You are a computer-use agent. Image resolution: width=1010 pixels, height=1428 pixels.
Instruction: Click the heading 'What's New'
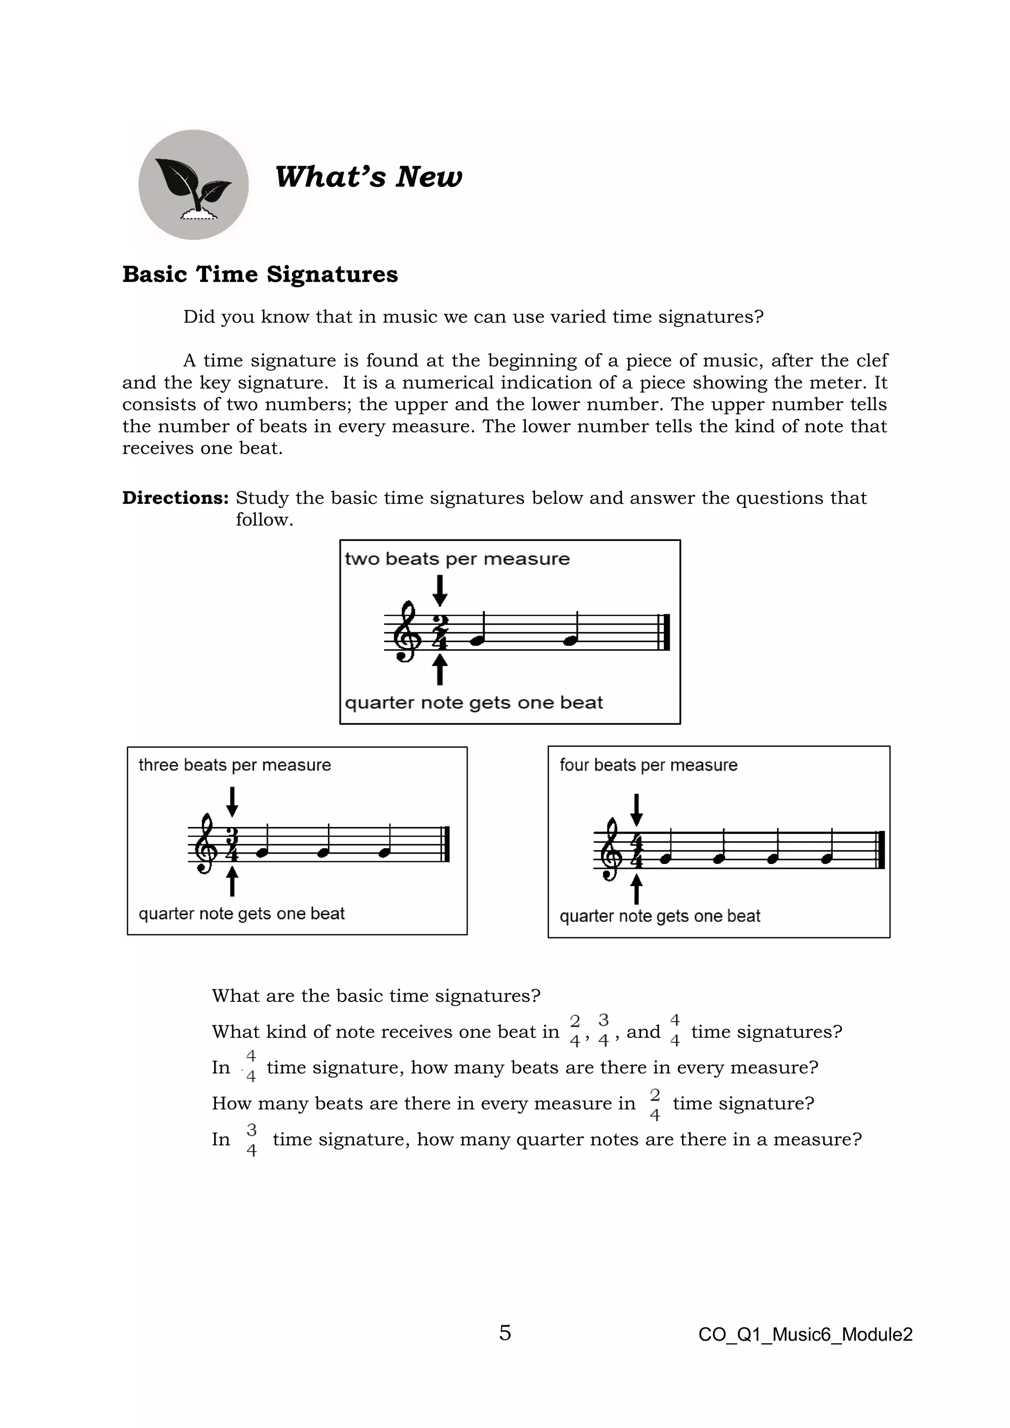pyautogui.click(x=368, y=177)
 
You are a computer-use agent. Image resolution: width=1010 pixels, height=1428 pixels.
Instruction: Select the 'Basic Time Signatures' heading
pyautogui.click(x=260, y=274)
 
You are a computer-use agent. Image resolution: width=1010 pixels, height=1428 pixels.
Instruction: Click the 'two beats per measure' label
pyautogui.click(x=457, y=559)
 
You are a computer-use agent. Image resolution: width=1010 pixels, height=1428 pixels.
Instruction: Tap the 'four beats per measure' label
pyautogui.click(x=648, y=765)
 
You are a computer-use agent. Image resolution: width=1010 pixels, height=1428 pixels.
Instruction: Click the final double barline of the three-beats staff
pyautogui.click(x=445, y=844)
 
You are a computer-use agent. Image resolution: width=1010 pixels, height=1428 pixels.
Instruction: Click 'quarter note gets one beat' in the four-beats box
pyautogui.click(x=659, y=916)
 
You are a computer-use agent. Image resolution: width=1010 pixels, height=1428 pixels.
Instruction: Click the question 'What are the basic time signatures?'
pyautogui.click(x=376, y=996)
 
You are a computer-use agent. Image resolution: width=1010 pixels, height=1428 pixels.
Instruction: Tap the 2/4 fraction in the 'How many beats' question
pyautogui.click(x=654, y=1105)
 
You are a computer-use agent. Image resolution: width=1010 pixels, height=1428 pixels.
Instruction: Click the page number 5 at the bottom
pyautogui.click(x=505, y=1333)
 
